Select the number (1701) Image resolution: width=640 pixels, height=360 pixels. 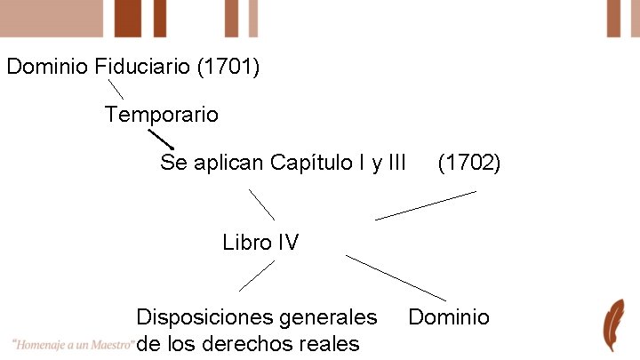[x=231, y=67]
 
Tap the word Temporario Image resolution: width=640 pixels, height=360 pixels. [x=161, y=115]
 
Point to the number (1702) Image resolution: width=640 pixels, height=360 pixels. [x=469, y=164]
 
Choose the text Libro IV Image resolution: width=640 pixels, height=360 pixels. [x=260, y=243]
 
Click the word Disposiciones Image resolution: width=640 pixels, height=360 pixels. [x=202, y=317]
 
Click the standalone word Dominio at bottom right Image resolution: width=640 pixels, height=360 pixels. [x=448, y=317]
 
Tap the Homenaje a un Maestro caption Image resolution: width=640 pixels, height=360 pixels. [x=74, y=344]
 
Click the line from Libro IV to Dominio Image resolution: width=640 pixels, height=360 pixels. [x=396, y=277]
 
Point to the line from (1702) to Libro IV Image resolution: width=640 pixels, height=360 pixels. [x=425, y=205]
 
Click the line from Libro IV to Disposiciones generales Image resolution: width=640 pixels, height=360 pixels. [x=257, y=276]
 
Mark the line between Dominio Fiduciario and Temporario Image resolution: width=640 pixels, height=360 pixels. [x=115, y=88]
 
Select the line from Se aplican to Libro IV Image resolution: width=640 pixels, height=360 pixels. [x=261, y=204]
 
